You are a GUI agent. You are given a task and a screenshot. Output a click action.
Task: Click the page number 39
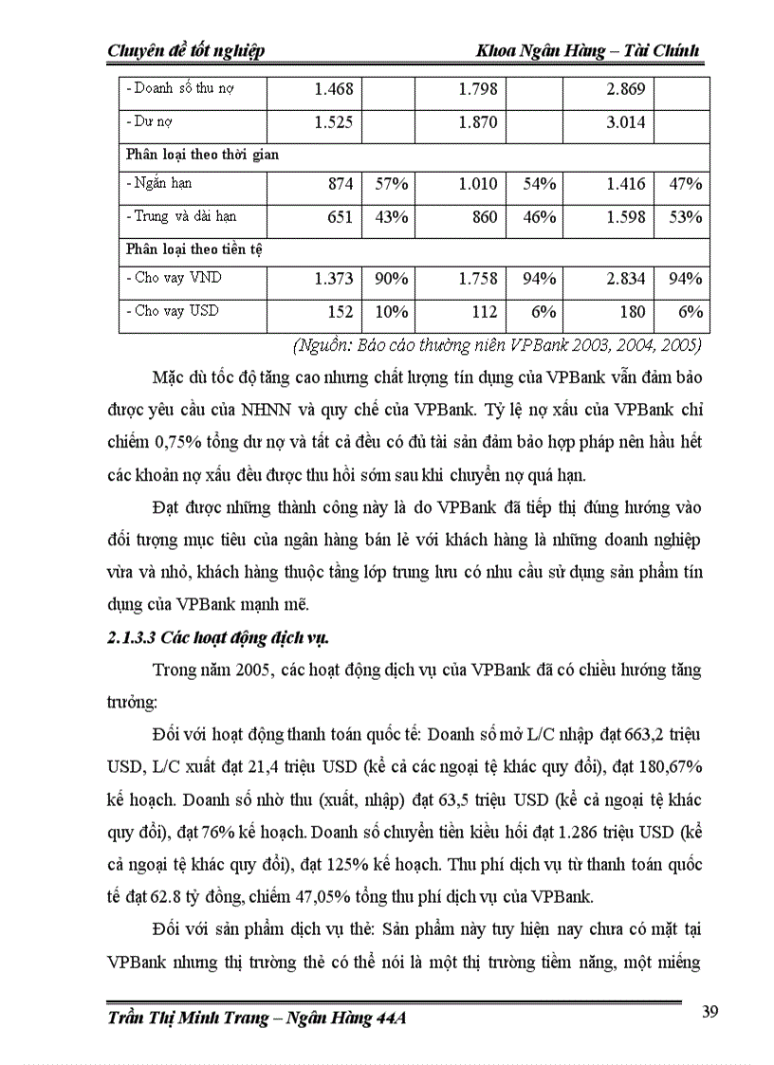709,1011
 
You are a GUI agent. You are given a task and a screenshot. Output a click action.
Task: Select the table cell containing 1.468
333,90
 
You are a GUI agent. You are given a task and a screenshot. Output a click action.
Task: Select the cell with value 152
340,312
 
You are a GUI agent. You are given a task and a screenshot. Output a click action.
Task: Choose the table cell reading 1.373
333,279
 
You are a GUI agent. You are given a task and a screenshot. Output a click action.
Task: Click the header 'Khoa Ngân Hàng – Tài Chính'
588,50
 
